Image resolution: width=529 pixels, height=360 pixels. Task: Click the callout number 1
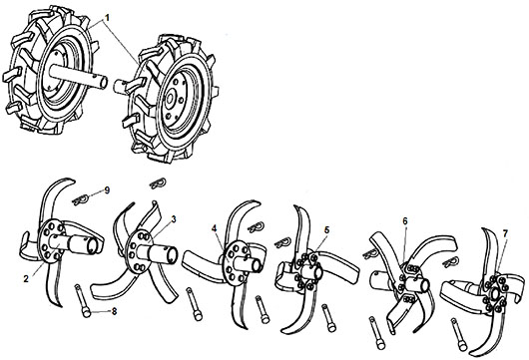(107, 18)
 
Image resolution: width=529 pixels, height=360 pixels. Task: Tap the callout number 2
(26, 279)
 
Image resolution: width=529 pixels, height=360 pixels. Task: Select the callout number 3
(174, 219)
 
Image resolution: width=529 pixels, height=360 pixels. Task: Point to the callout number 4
(214, 228)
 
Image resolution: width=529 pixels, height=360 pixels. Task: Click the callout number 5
(326, 230)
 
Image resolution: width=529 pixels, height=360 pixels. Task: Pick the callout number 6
(405, 221)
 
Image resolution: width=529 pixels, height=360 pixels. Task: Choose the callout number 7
(505, 233)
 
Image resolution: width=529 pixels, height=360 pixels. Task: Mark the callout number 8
(115, 312)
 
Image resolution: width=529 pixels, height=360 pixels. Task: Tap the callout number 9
(107, 190)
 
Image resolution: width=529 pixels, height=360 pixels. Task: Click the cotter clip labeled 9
(81, 199)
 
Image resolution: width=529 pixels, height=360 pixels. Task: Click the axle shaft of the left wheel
(78, 77)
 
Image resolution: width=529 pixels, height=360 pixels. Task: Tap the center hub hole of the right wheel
(170, 98)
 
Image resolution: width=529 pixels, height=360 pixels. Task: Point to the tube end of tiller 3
(170, 254)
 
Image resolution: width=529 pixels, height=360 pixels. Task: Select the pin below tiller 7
(459, 335)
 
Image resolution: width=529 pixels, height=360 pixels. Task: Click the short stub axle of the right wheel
(121, 87)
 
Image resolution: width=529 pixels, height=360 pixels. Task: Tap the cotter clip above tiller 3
(158, 183)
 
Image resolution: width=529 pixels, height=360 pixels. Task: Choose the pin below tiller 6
(377, 333)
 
